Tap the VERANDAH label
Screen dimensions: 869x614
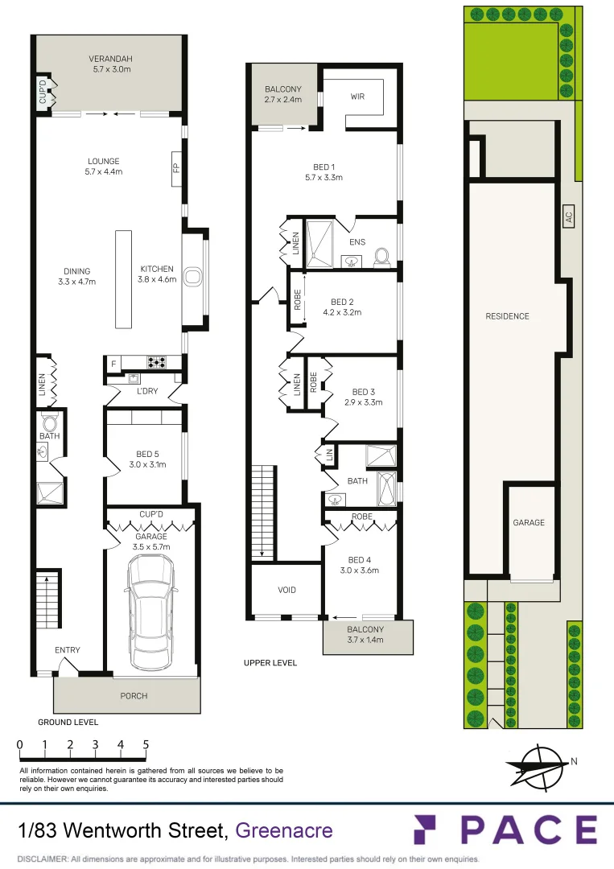click(111, 59)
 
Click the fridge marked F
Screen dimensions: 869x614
click(114, 364)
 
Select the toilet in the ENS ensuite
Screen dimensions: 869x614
click(382, 257)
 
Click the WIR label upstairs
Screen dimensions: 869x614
click(358, 97)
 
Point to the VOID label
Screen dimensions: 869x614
click(286, 590)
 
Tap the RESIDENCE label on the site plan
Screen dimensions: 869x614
click(507, 316)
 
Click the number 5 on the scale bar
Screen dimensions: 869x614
click(146, 744)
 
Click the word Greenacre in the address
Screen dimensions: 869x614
click(283, 830)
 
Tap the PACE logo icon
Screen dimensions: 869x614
click(427, 830)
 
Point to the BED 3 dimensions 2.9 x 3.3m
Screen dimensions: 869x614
click(364, 402)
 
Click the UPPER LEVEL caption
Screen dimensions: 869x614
click(270, 663)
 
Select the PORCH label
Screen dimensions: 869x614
click(134, 695)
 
